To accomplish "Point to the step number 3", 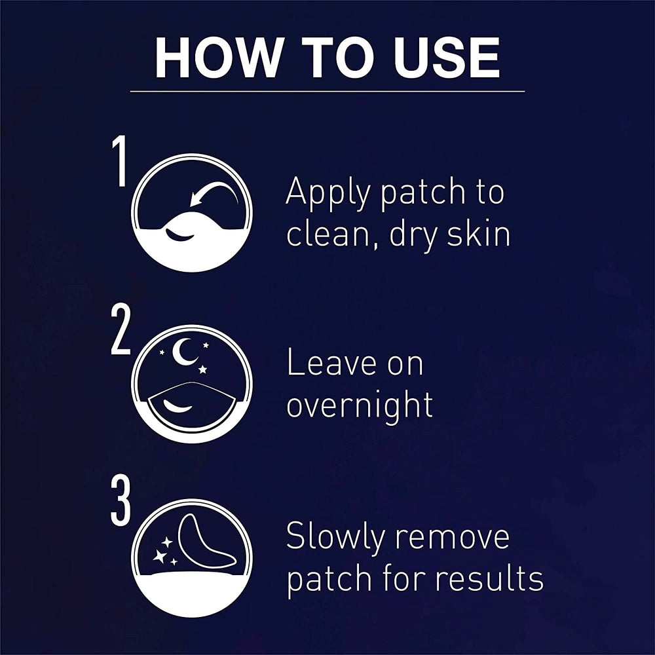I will (x=121, y=501).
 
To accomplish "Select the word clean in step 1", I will (x=331, y=234).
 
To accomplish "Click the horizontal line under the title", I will (x=327, y=91).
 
